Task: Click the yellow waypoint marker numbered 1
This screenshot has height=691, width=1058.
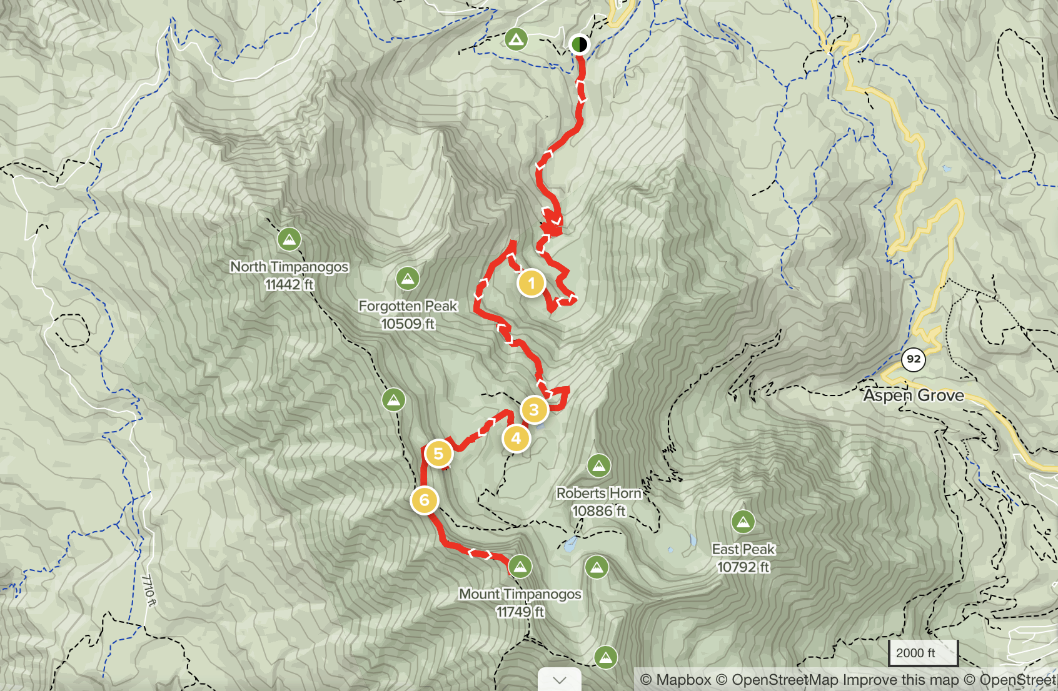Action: [531, 283]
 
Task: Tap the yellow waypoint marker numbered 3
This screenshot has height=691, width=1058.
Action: [534, 410]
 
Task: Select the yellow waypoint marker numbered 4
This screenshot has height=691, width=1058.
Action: [516, 439]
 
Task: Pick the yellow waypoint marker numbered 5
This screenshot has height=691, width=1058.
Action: [438, 454]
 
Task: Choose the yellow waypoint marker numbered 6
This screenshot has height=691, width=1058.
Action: [424, 500]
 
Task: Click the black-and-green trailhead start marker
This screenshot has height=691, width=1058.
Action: [580, 44]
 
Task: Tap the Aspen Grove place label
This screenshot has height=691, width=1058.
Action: [914, 395]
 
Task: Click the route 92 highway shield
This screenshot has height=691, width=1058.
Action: [914, 359]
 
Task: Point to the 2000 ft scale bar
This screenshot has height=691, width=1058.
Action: [922, 654]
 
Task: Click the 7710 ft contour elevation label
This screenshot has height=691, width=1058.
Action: [149, 590]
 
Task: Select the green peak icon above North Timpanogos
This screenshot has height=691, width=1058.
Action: [289, 239]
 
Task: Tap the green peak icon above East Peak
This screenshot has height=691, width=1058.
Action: [743, 521]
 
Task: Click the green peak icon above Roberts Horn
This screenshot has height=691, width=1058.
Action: [598, 465]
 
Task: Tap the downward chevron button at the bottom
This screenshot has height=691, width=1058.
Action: [560, 680]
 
